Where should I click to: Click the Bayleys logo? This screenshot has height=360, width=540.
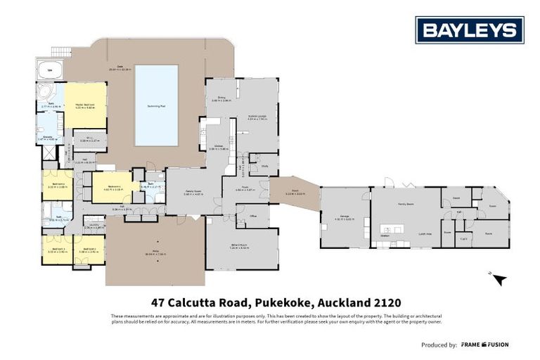[469, 30]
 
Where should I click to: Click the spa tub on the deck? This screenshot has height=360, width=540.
[49, 71]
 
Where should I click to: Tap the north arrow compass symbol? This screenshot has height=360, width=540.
[499, 278]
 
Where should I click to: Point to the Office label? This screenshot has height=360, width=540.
[252, 217]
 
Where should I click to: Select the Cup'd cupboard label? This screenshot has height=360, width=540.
[464, 238]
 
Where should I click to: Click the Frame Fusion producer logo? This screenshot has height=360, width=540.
[484, 345]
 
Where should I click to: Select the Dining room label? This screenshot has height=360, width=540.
[221, 98]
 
